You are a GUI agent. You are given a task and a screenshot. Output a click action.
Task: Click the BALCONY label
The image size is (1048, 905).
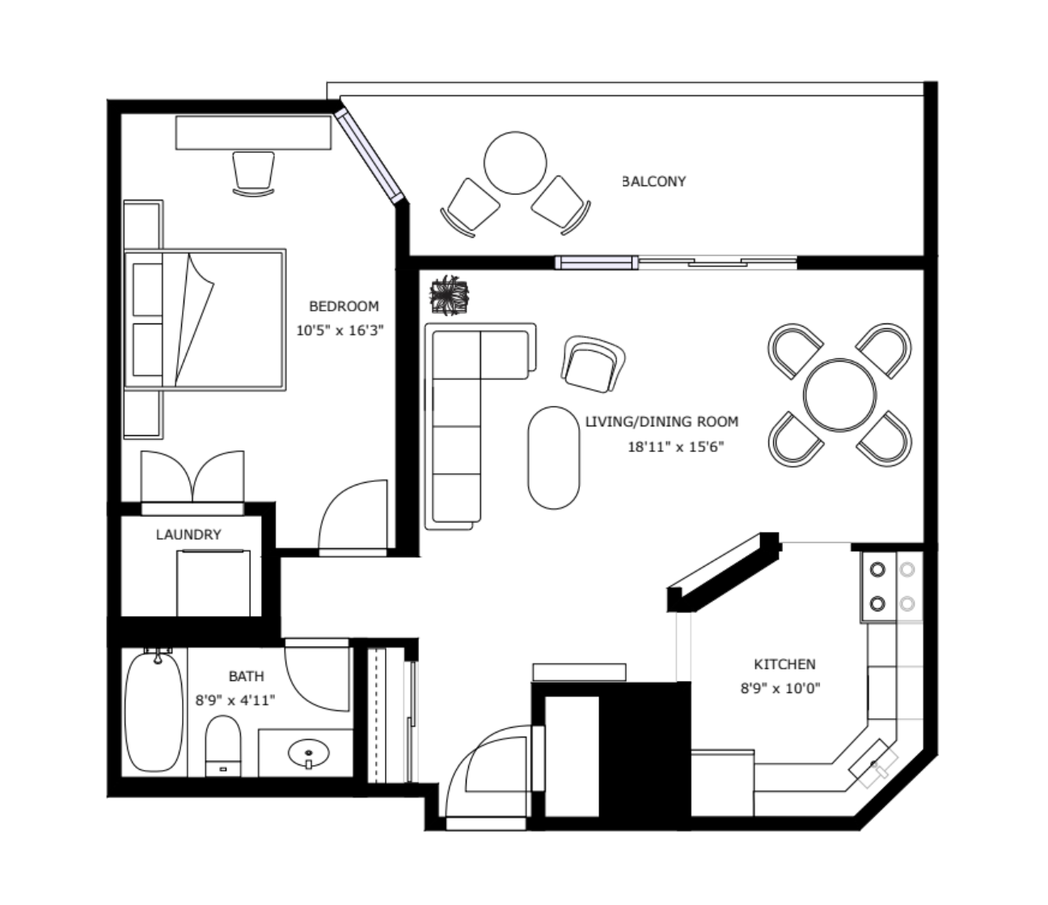(654, 181)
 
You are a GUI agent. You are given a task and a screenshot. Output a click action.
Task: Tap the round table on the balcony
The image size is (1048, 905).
(515, 163)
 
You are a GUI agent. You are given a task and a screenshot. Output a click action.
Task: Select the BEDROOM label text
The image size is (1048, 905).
(344, 307)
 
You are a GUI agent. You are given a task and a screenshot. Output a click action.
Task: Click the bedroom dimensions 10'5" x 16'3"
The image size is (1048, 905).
(340, 331)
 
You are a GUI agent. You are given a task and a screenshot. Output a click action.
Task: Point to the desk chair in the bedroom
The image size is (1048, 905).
(253, 174)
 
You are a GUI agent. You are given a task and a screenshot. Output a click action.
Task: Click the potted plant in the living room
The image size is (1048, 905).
(450, 295)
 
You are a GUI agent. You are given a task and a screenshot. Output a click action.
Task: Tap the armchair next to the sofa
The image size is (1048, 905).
(593, 364)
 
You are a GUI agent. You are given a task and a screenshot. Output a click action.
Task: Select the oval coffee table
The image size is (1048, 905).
(554, 457)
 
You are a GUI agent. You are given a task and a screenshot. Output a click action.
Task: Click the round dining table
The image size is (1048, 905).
(839, 395)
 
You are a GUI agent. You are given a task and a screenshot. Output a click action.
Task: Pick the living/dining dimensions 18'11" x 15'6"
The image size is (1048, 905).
(676, 446)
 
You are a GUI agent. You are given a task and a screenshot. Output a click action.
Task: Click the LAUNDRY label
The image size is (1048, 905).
(188, 535)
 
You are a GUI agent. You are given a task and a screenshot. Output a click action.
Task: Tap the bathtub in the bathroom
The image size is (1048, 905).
(154, 713)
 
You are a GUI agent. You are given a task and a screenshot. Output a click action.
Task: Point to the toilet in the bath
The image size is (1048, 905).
(223, 746)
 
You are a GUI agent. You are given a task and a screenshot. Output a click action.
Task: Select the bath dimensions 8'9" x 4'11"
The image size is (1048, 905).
(235, 700)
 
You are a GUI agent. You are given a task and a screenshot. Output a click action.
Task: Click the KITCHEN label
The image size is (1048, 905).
(785, 664)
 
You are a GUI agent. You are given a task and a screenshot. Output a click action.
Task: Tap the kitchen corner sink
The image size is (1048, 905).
(873, 763)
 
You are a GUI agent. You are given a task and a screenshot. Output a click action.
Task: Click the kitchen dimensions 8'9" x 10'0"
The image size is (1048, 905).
(781, 688)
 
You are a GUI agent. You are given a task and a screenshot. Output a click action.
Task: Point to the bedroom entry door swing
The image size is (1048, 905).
(353, 514)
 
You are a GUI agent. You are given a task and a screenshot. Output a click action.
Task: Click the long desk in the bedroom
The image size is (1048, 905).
(253, 133)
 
